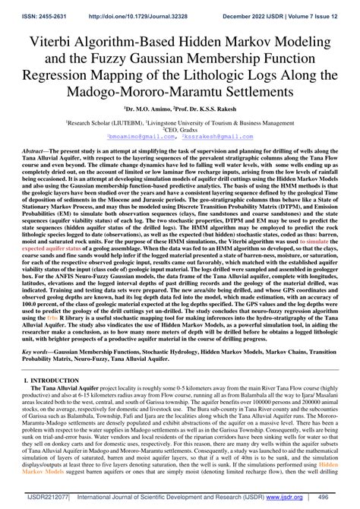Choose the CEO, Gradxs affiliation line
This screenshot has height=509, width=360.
point(179,128)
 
